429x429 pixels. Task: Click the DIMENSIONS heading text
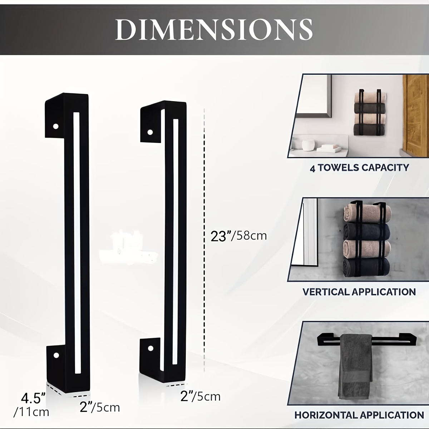pyautogui.click(x=214, y=30)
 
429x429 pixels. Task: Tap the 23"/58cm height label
pyautogui.click(x=239, y=236)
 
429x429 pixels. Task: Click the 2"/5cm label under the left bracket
pyautogui.click(x=100, y=408)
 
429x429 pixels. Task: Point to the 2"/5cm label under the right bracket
pyautogui.click(x=200, y=396)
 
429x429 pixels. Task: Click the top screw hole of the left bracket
pyautogui.click(x=56, y=127)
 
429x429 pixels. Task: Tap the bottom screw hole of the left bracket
pyautogui.click(x=56, y=355)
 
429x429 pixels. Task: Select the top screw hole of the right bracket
pyautogui.click(x=150, y=133)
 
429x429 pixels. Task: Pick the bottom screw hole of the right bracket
pyautogui.click(x=151, y=348)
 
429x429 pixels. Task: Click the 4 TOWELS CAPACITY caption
pyautogui.click(x=359, y=168)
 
